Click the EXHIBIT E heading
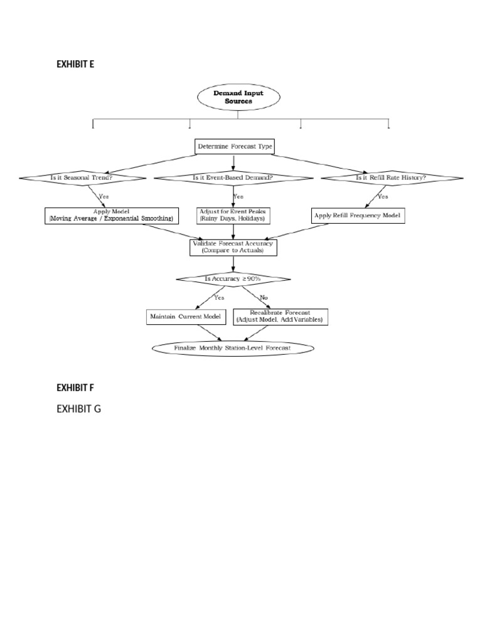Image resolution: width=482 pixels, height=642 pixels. point(75,64)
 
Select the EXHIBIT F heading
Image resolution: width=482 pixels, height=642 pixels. point(75,388)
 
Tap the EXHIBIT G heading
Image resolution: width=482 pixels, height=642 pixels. point(78,409)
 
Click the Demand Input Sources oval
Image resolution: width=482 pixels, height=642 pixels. point(238,97)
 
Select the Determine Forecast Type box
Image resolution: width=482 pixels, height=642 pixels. point(235,147)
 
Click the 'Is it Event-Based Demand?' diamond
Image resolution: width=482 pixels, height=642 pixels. point(233,177)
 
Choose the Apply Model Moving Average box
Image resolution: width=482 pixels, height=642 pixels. point(112,215)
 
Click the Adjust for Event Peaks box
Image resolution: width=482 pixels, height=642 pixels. point(233,215)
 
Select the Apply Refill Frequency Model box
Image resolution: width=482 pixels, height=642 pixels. point(358,216)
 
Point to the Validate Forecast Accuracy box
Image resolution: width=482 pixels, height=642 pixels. point(233,247)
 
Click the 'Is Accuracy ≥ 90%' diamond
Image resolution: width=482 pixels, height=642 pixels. point(233,278)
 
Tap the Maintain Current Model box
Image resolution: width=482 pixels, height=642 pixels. point(186,317)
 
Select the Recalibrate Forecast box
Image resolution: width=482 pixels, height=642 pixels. point(280,317)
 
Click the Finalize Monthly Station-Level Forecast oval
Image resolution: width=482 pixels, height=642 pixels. point(233,347)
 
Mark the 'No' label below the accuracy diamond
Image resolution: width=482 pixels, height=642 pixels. point(263,297)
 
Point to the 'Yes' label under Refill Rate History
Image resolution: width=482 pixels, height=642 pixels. point(382,196)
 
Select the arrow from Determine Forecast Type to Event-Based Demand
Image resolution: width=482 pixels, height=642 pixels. point(233,162)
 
